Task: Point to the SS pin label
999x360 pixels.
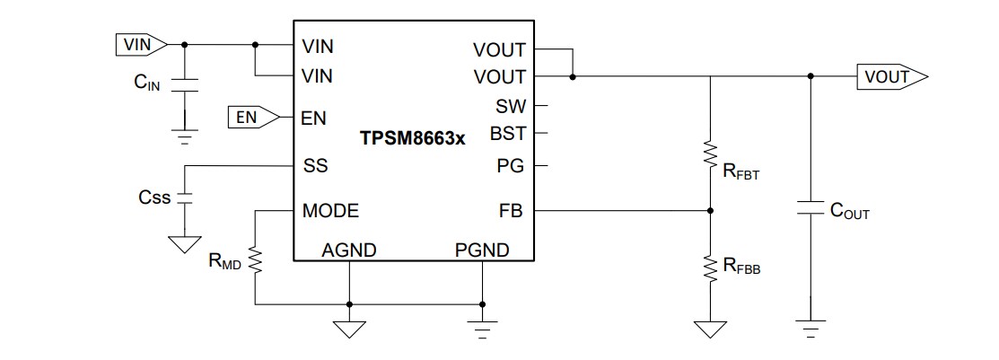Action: tap(315, 166)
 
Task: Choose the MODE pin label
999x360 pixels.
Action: tap(330, 211)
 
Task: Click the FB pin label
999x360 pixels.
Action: tap(511, 211)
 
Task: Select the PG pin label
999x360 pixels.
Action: tap(510, 166)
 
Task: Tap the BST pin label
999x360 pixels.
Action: tap(507, 135)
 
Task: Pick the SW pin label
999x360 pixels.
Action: tap(510, 106)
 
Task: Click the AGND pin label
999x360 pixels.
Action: tap(348, 250)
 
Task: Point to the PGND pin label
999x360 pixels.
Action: tap(482, 250)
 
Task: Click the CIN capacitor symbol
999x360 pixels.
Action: tap(184, 86)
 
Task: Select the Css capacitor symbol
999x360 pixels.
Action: tap(184, 198)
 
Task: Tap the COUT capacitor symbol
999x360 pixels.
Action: tap(811, 209)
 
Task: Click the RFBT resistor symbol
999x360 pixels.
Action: tap(711, 155)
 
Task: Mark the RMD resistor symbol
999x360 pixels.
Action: tap(255, 261)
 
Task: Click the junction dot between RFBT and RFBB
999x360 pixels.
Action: tap(711, 211)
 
